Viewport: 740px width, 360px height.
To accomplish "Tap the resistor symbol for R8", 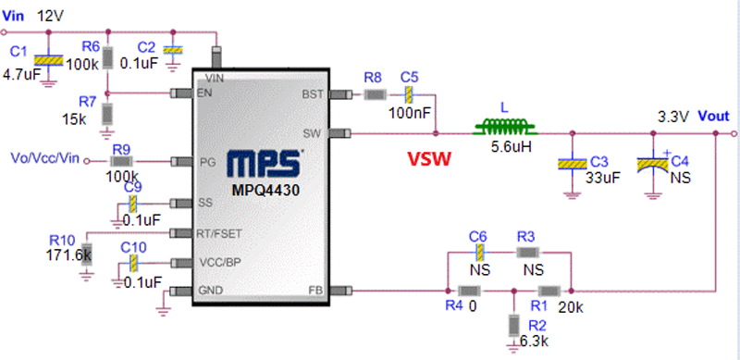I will (373, 94).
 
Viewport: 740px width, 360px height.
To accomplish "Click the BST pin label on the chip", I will (312, 94).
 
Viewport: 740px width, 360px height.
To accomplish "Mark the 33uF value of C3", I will (605, 180).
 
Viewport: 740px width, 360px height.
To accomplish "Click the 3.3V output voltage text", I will (672, 118).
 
